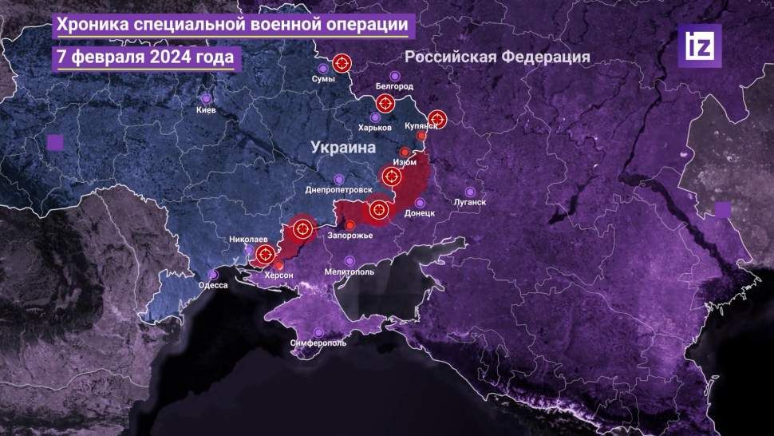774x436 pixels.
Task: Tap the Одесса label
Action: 213,285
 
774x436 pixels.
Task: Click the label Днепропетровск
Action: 339,191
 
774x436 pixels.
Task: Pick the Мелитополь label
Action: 349,272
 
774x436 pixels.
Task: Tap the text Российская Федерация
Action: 497,57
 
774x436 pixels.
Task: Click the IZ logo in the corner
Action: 699,46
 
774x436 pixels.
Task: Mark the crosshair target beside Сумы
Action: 342,63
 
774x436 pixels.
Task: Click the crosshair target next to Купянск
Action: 437,117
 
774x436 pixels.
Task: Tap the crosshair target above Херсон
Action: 264,256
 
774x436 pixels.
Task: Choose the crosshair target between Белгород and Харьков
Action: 385,103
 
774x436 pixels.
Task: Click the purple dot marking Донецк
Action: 420,203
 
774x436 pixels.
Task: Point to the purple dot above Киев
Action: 206,99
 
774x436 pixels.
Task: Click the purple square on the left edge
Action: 55,143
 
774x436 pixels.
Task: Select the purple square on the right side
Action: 723,209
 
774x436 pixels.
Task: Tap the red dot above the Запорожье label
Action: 350,224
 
